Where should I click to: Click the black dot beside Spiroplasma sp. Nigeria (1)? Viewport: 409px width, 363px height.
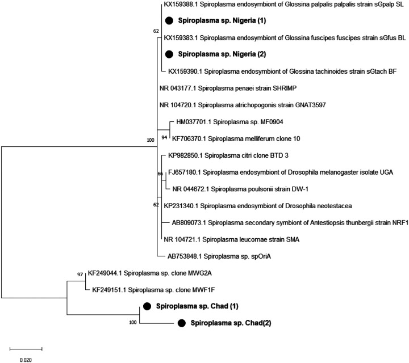click(x=169, y=21)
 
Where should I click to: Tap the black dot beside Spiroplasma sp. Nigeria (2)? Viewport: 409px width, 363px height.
click(x=169, y=55)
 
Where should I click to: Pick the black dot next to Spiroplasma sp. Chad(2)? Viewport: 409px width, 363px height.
click(x=182, y=323)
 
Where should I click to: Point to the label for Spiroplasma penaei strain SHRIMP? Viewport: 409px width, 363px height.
click(x=229, y=88)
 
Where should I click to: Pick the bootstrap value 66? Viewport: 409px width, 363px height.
click(x=160, y=166)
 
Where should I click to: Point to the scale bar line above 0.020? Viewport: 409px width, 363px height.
click(x=26, y=348)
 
